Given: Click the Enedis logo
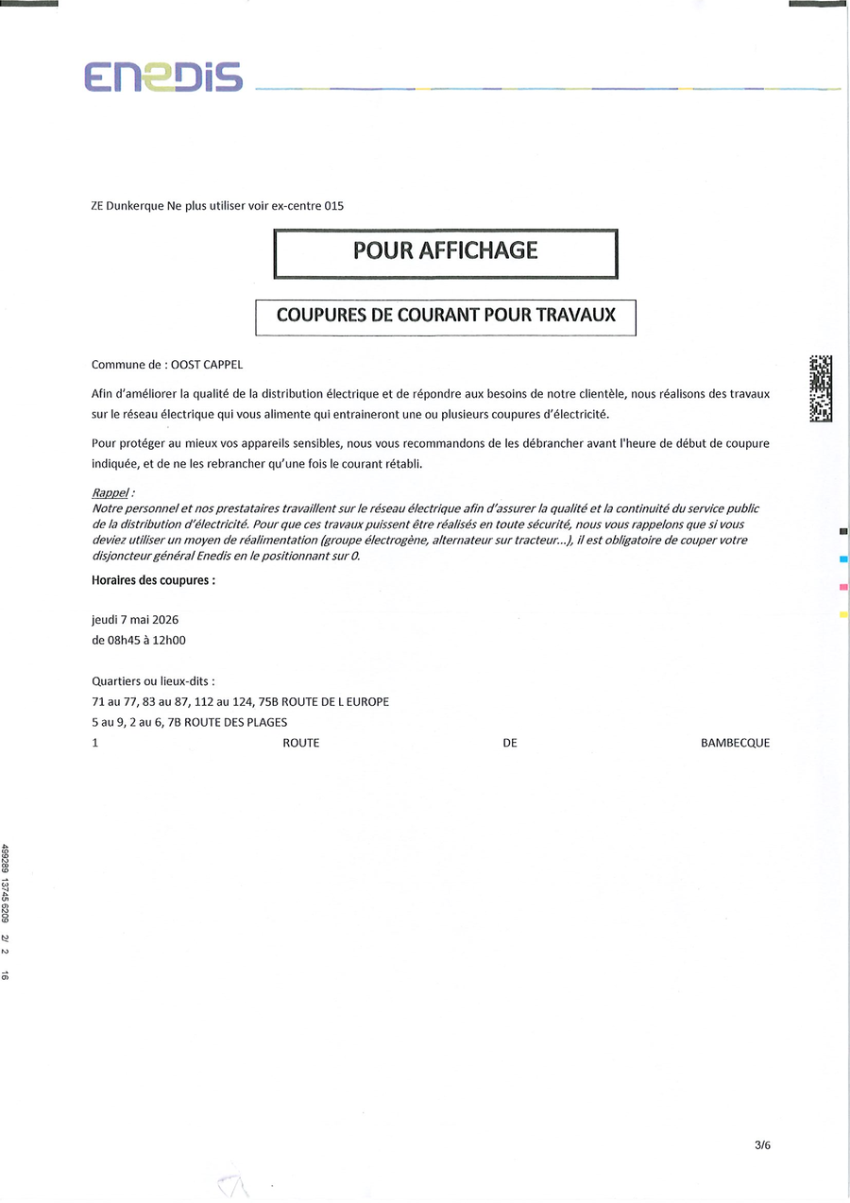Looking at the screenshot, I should pyautogui.click(x=162, y=76).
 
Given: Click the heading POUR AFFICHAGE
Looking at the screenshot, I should pyautogui.click(x=445, y=250).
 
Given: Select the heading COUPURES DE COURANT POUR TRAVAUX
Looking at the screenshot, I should pyautogui.click(x=446, y=316).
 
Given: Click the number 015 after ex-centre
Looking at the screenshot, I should pyautogui.click(x=333, y=205).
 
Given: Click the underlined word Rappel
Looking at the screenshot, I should pyautogui.click(x=110, y=492).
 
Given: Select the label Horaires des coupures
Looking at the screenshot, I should pyautogui.click(x=153, y=580).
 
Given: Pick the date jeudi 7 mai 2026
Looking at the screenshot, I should pyautogui.click(x=135, y=620).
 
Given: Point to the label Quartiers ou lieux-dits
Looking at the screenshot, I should pyautogui.click(x=153, y=680).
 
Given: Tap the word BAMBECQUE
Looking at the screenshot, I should pyautogui.click(x=735, y=743).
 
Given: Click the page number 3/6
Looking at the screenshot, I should pyautogui.click(x=763, y=1145).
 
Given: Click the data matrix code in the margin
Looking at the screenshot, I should pyautogui.click(x=821, y=387).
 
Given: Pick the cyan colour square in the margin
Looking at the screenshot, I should pyautogui.click(x=843, y=559).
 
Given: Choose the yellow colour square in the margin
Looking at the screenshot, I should pyautogui.click(x=843, y=615).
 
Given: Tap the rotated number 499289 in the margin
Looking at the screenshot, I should pyautogui.click(x=6, y=861).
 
